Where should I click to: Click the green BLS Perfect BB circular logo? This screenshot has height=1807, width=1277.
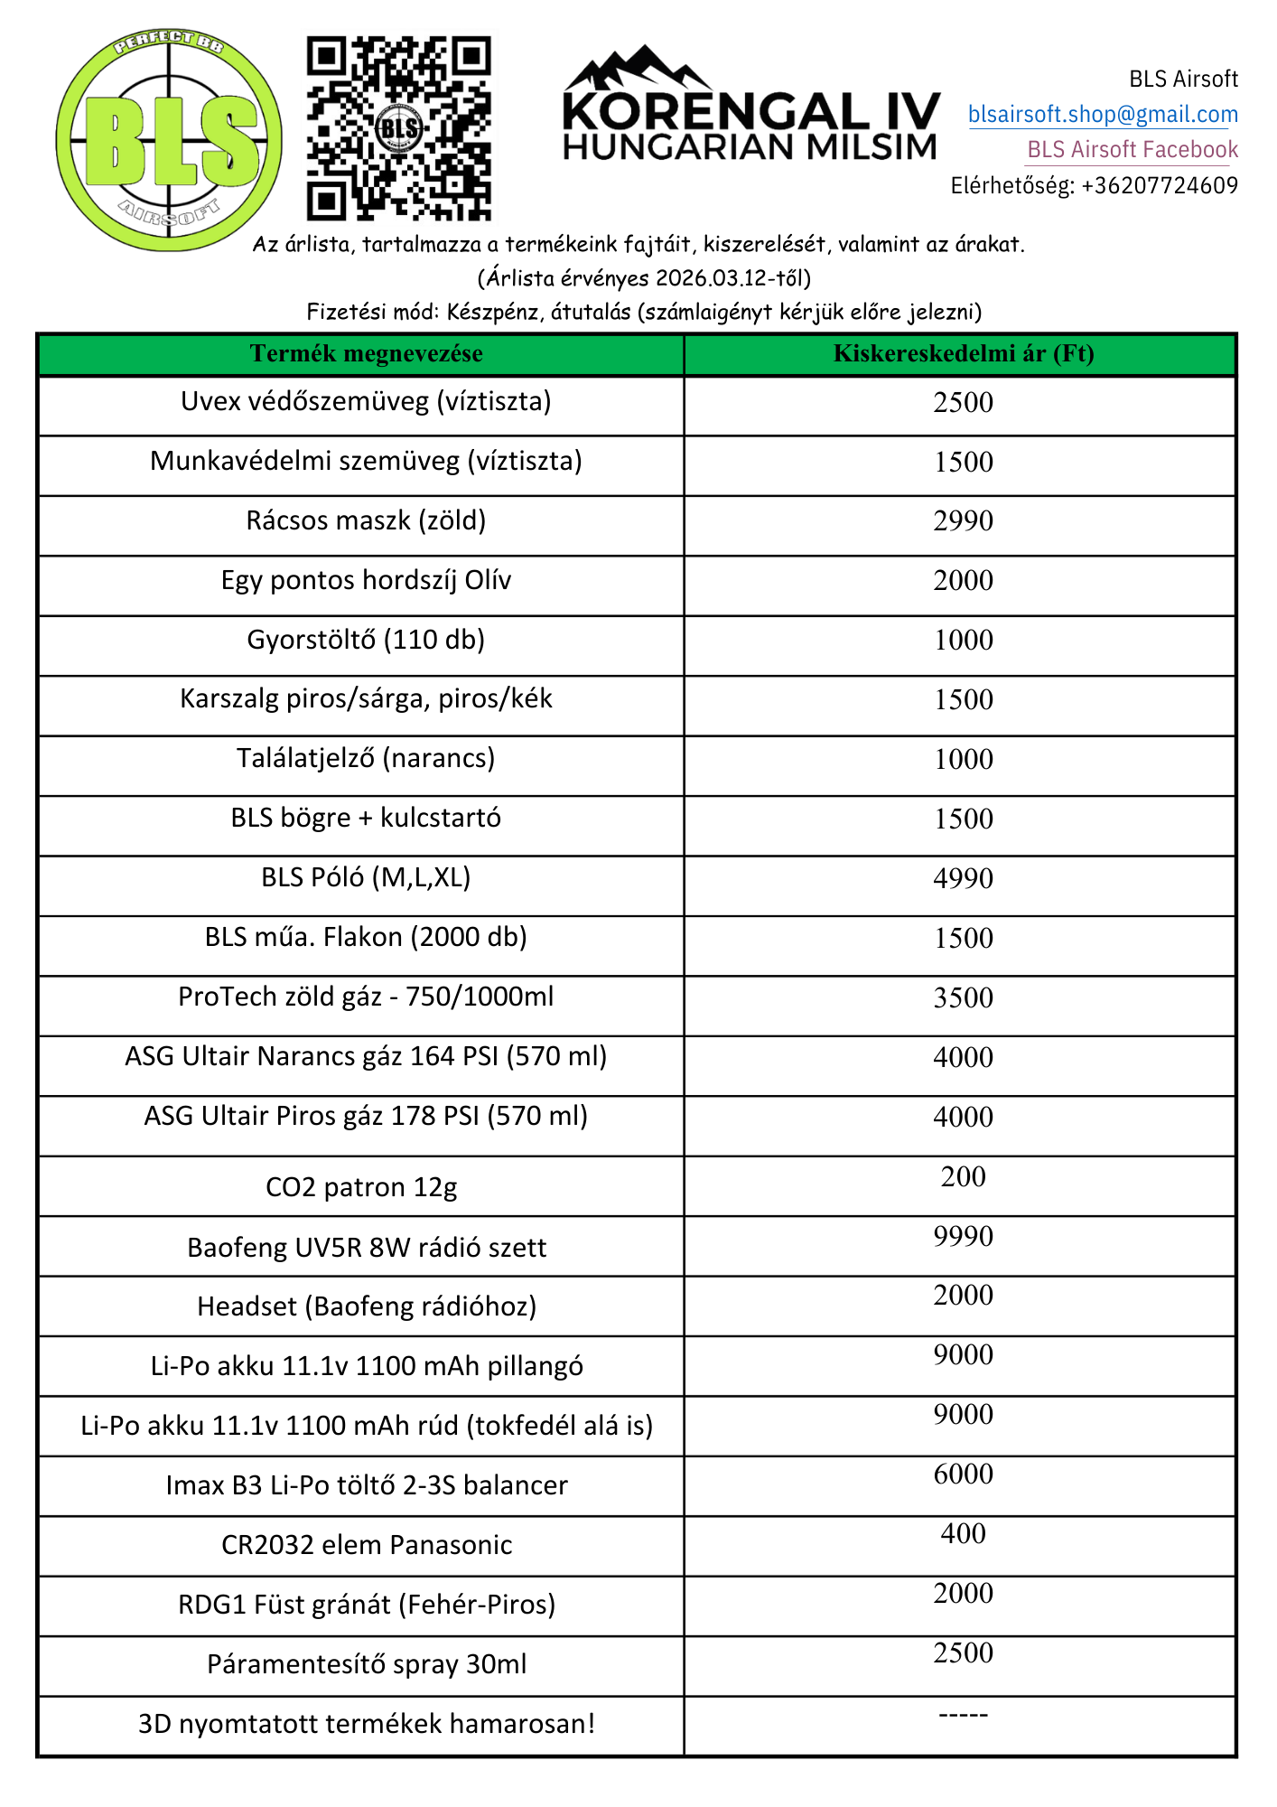click(169, 140)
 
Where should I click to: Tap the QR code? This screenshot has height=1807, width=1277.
click(398, 127)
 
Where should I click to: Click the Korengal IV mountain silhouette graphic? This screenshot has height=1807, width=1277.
click(637, 68)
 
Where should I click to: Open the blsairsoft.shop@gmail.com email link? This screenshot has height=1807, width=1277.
click(1103, 115)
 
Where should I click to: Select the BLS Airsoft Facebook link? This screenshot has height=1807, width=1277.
click(1133, 150)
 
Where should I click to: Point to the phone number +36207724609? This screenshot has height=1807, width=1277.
click(1160, 186)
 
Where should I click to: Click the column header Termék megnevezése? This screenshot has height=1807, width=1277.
click(366, 353)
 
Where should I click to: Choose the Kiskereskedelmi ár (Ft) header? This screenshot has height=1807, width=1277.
click(963, 353)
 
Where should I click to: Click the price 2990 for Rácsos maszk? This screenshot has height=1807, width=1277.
click(963, 521)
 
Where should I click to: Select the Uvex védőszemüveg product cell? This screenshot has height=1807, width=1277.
click(366, 401)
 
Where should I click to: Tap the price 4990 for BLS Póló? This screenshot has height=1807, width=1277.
click(963, 878)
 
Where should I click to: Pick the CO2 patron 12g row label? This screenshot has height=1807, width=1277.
click(361, 1187)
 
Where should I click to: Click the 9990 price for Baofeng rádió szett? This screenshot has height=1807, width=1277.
click(963, 1236)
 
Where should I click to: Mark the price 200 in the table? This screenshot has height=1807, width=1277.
click(963, 1176)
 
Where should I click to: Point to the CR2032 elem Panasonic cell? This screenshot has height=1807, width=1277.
click(367, 1545)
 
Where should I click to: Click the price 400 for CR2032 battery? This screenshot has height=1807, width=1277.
click(963, 1533)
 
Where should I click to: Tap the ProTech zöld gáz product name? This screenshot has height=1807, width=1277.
click(366, 997)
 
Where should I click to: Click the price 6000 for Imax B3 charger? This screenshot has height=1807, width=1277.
click(963, 1474)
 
